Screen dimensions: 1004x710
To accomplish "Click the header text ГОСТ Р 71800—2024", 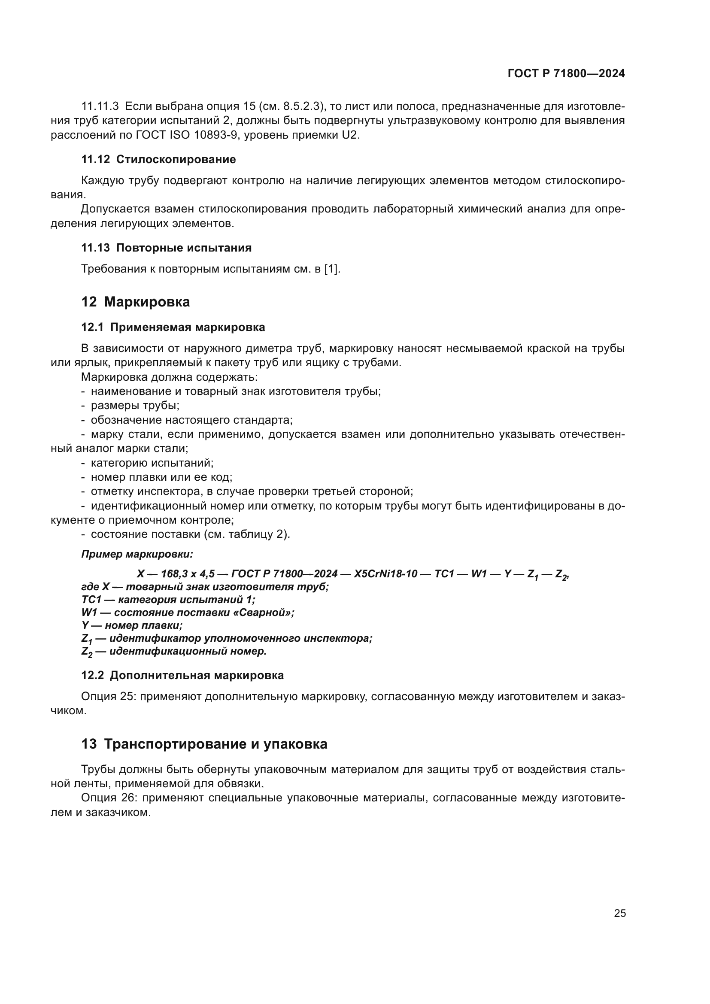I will coord(566,73).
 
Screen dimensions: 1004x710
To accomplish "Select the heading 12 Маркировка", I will coord(136,302).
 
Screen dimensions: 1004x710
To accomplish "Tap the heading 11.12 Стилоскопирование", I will coord(158,159).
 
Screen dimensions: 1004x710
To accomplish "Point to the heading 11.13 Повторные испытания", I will coord(166,248).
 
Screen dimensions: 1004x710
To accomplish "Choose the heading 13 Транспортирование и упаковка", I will coord(204,744).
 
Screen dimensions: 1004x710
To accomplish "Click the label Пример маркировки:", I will coord(137,554).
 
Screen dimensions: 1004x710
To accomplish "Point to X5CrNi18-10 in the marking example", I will coord(385,574).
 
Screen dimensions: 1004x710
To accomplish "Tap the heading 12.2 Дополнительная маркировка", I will coord(182,675).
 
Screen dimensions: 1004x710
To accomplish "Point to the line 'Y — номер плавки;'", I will coord(132,625).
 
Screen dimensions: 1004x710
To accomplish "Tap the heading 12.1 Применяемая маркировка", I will coord(173,327).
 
